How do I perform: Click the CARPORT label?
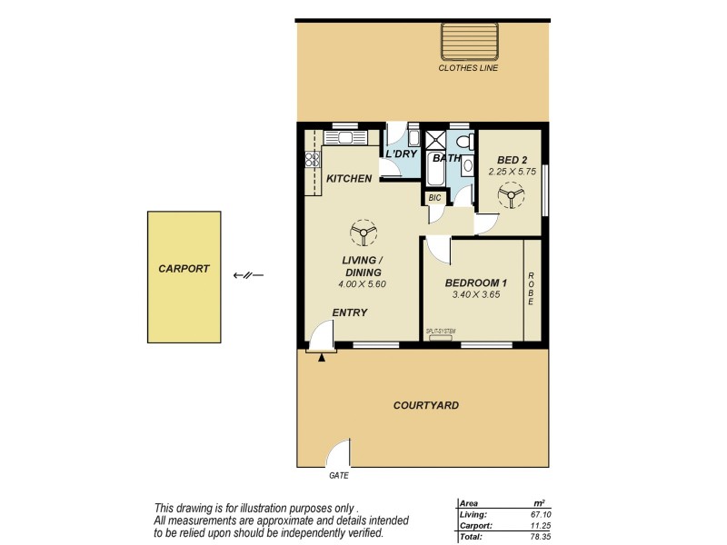pyautogui.click(x=184, y=269)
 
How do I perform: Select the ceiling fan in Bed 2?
pyautogui.click(x=510, y=195)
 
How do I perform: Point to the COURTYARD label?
pyautogui.click(x=425, y=405)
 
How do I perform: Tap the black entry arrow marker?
pyautogui.click(x=322, y=357)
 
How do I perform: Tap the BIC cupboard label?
pyautogui.click(x=434, y=197)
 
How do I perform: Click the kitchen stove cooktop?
pyautogui.click(x=313, y=159)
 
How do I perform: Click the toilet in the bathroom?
pyautogui.click(x=463, y=143)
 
